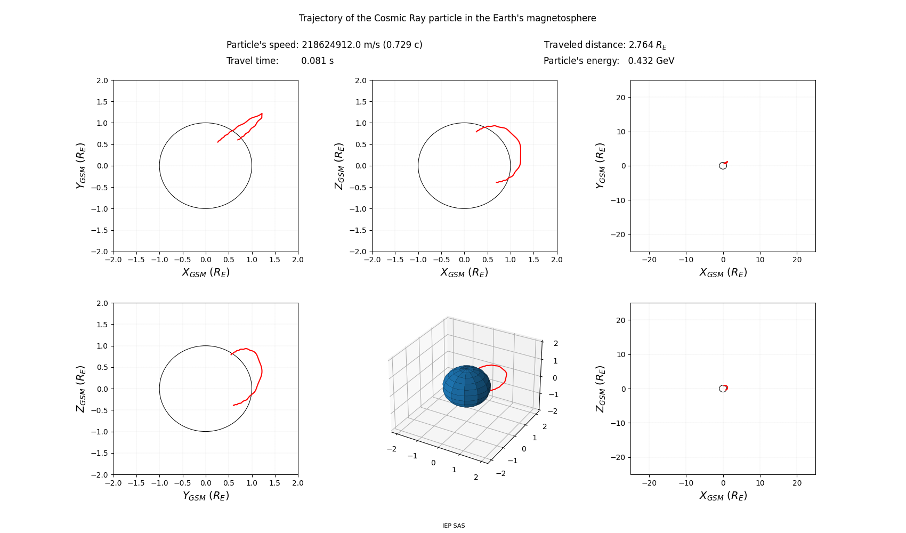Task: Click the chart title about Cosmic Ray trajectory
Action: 447,18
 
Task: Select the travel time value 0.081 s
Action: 317,61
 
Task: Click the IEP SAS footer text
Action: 454,526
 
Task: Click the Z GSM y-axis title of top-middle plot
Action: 339,166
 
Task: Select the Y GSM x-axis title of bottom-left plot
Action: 206,496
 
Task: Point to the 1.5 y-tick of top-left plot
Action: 102,102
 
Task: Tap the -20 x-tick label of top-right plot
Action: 649,260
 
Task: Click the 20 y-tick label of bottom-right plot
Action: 620,320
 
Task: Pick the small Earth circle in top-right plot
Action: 723,166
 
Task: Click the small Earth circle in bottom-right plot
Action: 723,389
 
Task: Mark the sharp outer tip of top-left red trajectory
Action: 262,114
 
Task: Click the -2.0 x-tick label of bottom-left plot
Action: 114,483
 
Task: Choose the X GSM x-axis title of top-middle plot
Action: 464,272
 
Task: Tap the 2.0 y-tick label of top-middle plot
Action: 360,80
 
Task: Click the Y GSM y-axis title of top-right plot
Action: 601,166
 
